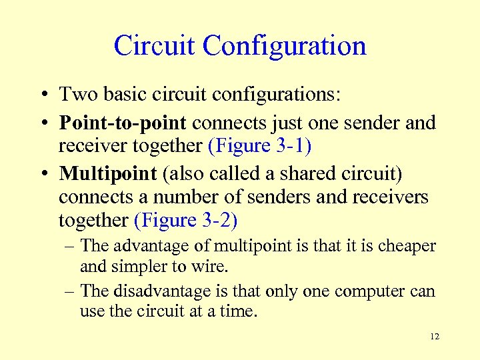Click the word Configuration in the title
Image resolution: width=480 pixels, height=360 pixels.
285,46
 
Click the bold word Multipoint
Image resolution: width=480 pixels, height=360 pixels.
107,173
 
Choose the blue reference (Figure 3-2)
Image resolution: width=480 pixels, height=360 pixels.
186,220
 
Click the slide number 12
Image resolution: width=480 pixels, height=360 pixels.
435,337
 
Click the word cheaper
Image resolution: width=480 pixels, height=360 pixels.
407,246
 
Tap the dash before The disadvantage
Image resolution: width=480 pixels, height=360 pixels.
69,291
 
